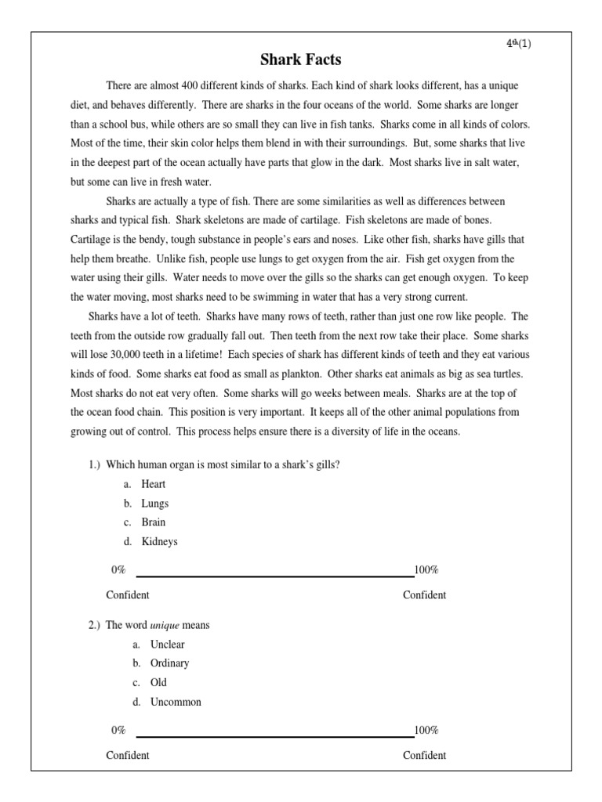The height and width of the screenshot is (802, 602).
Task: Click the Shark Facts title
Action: pyautogui.click(x=301, y=60)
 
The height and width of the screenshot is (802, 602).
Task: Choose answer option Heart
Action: pyautogui.click(x=154, y=484)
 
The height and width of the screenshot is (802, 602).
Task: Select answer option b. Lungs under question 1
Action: pyautogui.click(x=155, y=504)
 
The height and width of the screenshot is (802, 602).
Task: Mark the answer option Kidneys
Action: pyautogui.click(x=159, y=541)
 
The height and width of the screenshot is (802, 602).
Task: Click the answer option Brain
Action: pyautogui.click(x=154, y=522)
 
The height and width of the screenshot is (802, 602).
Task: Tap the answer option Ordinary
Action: pyautogui.click(x=169, y=663)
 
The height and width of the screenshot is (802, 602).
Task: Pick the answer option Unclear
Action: pyautogui.click(x=168, y=645)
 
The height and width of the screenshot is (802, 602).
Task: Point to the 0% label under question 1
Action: pyautogui.click(x=118, y=570)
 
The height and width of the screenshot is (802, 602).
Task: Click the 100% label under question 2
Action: pyautogui.click(x=426, y=731)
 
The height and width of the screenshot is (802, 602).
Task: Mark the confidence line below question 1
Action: pyautogui.click(x=274, y=576)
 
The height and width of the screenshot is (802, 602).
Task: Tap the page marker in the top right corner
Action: pyautogui.click(x=518, y=43)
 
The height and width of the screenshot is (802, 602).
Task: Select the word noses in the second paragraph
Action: pyautogui.click(x=320, y=219)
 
